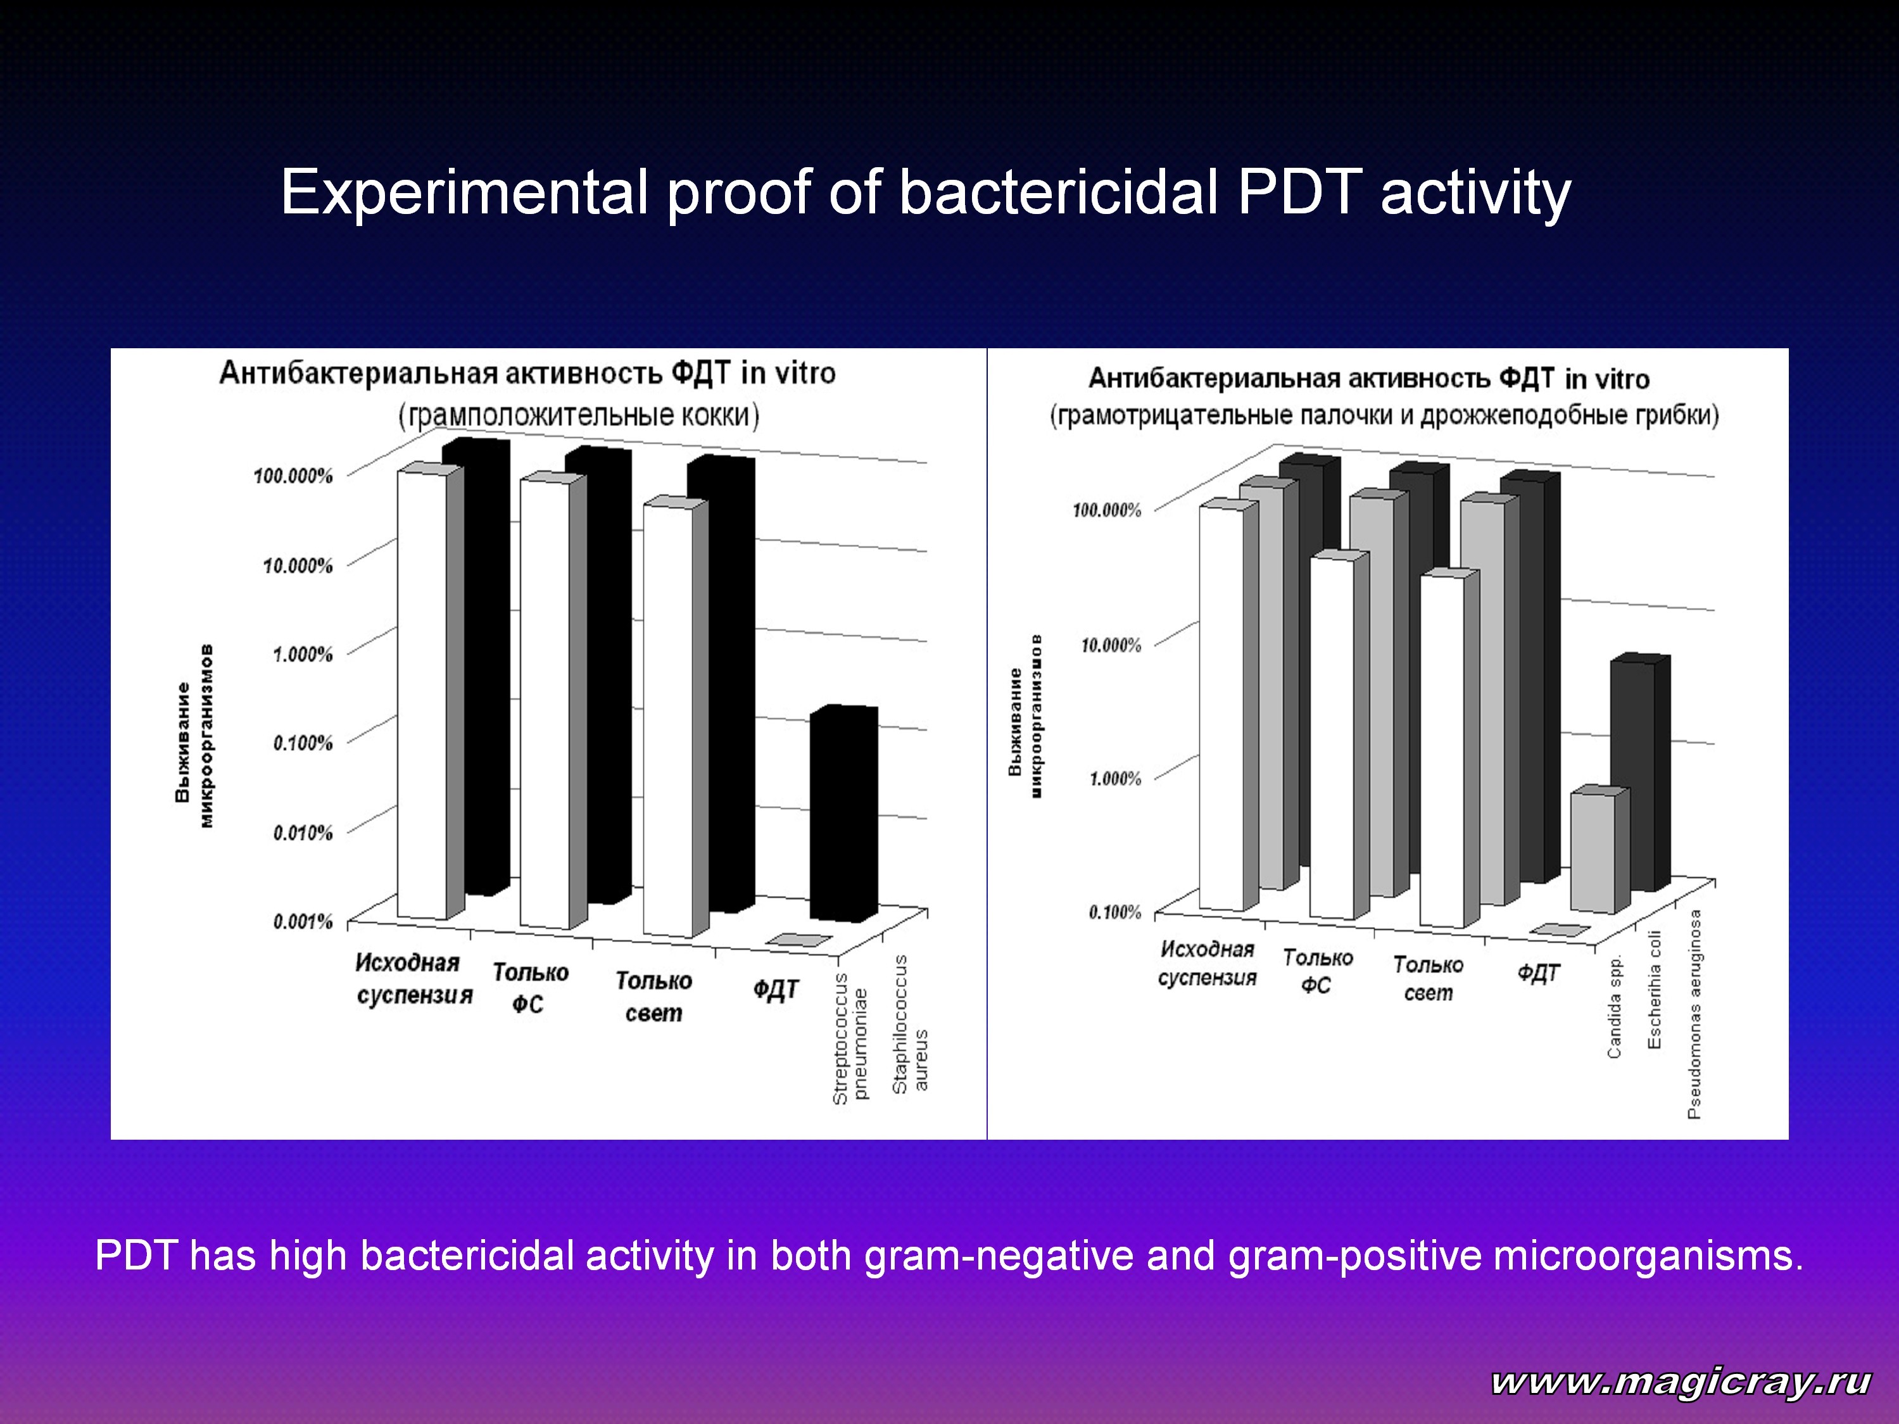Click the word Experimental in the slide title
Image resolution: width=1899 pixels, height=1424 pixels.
click(x=464, y=194)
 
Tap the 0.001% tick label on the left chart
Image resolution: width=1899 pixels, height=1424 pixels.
click(x=302, y=922)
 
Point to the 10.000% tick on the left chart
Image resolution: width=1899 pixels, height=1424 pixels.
click(x=297, y=565)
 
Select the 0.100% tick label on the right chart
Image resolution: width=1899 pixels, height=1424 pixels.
click(x=1115, y=912)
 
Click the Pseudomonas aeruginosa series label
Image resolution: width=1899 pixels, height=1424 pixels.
click(x=1694, y=1014)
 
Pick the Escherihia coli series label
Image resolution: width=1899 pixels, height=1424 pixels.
click(x=1655, y=989)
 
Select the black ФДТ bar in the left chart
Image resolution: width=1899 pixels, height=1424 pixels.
click(x=844, y=813)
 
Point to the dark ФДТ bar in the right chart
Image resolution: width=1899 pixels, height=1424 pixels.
click(x=1641, y=772)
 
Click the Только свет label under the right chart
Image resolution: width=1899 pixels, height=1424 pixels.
click(x=1429, y=978)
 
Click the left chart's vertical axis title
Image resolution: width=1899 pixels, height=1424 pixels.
click(x=195, y=736)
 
